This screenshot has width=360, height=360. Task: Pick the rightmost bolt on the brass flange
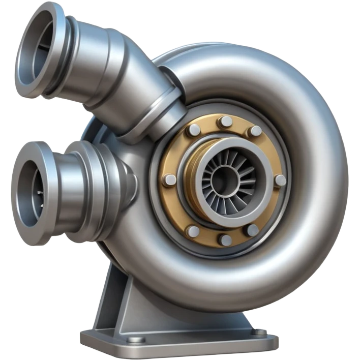280,180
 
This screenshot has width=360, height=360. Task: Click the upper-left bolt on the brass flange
193,131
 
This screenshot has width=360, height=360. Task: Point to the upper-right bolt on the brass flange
254,131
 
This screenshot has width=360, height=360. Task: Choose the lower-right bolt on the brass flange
253,230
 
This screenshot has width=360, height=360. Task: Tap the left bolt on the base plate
135,339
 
